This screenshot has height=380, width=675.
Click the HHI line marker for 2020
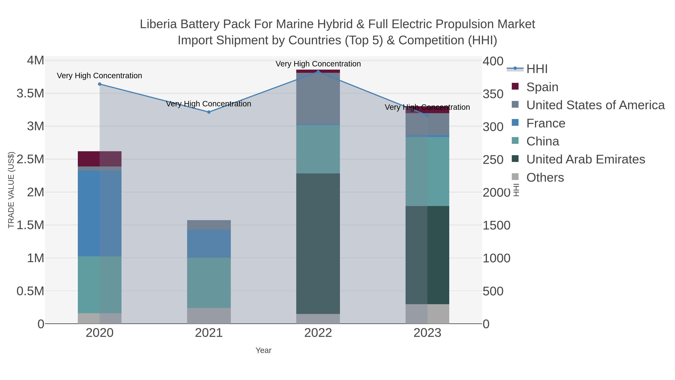(x=100, y=84)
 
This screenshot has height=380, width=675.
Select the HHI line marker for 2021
(x=209, y=112)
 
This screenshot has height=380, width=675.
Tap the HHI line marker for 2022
(x=318, y=72)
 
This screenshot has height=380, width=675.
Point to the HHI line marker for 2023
(x=427, y=115)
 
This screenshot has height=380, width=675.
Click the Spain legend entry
(x=542, y=87)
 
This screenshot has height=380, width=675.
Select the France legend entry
(x=546, y=123)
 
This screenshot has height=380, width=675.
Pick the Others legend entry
(x=545, y=178)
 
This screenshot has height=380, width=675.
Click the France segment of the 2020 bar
(x=100, y=214)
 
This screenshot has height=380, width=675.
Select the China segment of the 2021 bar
(x=209, y=283)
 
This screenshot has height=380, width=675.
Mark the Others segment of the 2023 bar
(x=427, y=314)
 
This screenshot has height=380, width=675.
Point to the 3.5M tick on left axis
(x=30, y=93)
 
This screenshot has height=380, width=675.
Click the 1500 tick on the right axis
(x=496, y=225)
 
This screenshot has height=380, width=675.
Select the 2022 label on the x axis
(x=318, y=333)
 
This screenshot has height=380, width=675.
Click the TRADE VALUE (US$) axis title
(x=11, y=190)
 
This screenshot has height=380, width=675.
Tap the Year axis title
(x=263, y=350)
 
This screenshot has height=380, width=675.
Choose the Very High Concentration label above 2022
(x=318, y=64)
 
